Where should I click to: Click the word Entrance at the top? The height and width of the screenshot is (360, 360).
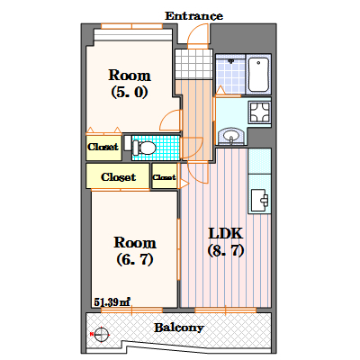point(193,16)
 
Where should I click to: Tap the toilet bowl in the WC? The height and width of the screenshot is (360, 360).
point(144,148)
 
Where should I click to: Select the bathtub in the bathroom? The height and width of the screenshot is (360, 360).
point(258,74)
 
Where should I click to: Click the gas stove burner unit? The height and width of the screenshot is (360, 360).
point(260,112)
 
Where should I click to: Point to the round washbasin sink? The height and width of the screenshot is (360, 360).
point(231,136)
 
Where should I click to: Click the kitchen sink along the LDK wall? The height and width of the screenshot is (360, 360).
point(259,200)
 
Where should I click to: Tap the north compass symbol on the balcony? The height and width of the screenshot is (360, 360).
point(101,334)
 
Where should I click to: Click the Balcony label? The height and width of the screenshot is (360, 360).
point(179,328)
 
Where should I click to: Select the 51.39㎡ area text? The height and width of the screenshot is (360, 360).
point(112,301)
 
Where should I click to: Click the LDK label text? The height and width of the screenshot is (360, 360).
point(225,233)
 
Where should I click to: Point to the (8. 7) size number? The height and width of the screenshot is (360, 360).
point(226,250)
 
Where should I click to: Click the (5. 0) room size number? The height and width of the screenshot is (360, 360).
point(130,92)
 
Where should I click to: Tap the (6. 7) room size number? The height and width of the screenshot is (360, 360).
point(135,259)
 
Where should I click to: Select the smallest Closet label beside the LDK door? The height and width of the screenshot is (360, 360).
point(164,177)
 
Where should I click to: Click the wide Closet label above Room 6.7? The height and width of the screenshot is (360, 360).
point(118,177)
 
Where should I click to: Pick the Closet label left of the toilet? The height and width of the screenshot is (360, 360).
point(103,147)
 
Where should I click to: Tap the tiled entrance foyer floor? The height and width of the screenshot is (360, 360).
point(193,64)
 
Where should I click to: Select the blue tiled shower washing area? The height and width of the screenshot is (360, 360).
point(230,74)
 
